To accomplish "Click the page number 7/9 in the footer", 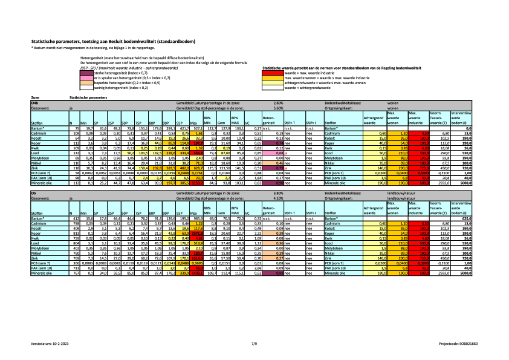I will (254, 342).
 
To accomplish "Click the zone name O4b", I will (35, 103).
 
